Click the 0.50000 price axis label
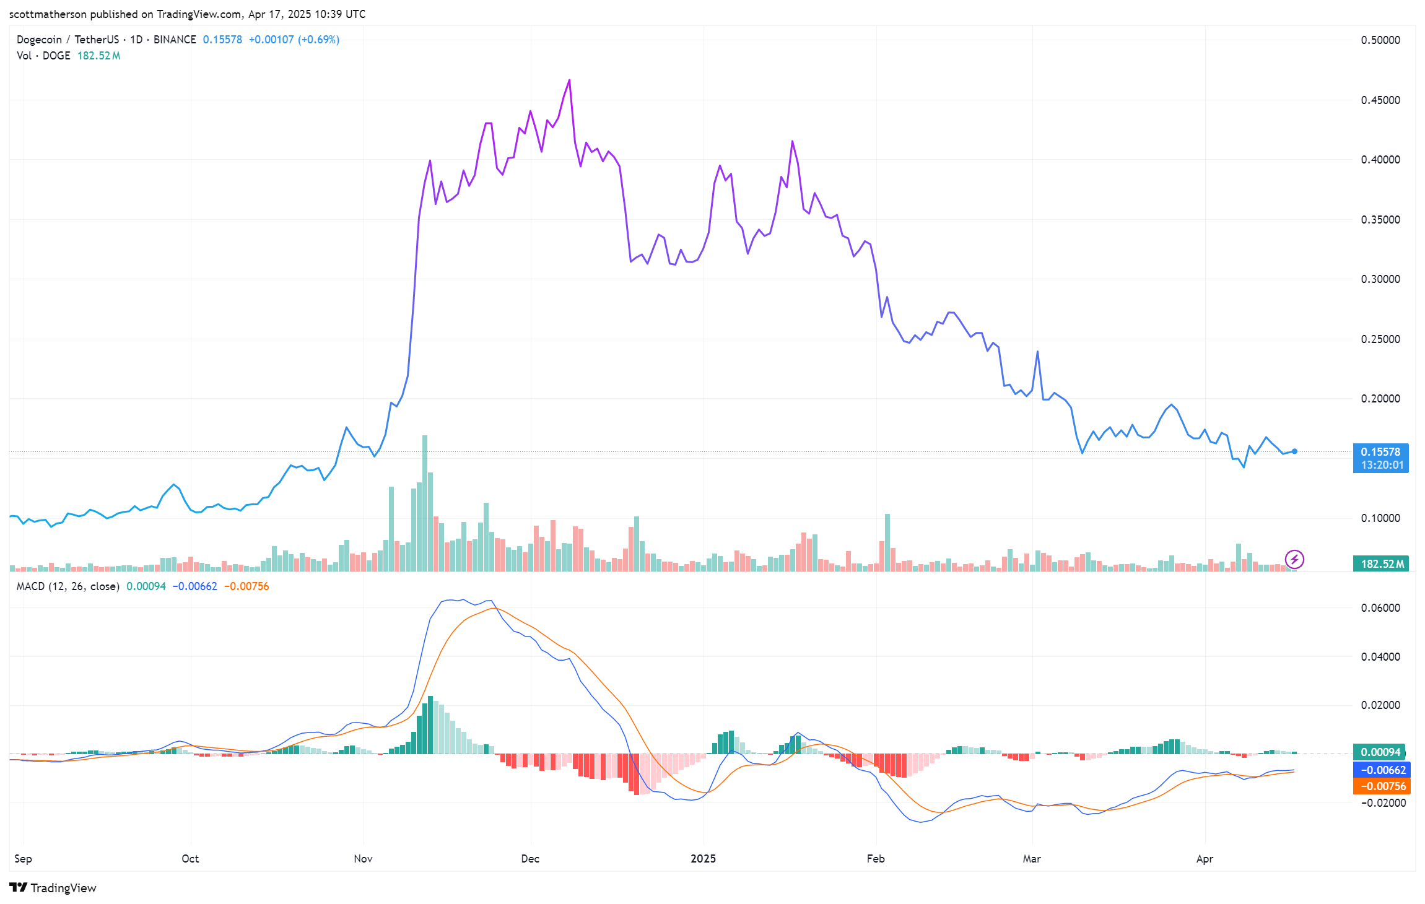[1380, 40]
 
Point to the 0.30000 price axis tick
[1380, 279]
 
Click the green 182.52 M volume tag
[1380, 563]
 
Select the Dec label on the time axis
[530, 859]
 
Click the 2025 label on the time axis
[703, 859]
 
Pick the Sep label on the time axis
[23, 859]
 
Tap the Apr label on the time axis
[1205, 859]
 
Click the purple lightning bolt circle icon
[1294, 560]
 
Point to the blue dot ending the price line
[1294, 451]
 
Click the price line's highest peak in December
[570, 80]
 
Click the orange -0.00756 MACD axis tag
[1381, 786]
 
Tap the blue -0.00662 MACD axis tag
[1381, 770]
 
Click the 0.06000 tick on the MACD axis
[1380, 608]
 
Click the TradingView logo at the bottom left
[53, 888]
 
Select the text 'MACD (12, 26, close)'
[68, 586]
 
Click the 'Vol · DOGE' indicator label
[43, 56]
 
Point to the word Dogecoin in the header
[39, 40]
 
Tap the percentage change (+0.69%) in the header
[318, 40]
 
